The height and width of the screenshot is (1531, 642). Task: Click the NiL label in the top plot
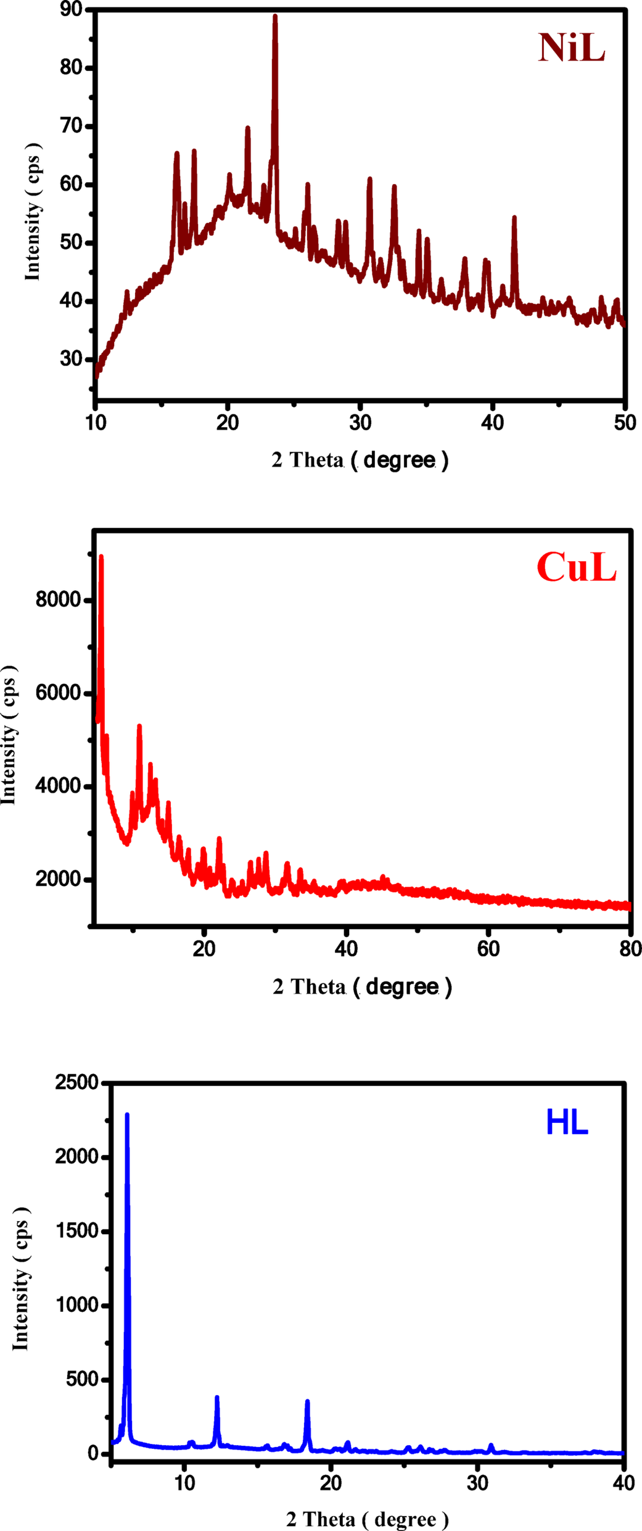click(x=572, y=48)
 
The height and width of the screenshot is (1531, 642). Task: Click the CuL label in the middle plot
click(x=576, y=567)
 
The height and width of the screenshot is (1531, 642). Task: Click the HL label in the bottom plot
click(x=567, y=1123)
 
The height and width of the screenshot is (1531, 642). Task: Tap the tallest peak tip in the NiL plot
click(x=275, y=17)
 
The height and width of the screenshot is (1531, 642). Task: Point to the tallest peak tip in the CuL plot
click(x=101, y=557)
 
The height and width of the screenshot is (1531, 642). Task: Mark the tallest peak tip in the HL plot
click(x=127, y=1115)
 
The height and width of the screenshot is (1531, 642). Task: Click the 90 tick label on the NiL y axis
click(x=72, y=9)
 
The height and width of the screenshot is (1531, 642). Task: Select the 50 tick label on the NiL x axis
click(x=625, y=423)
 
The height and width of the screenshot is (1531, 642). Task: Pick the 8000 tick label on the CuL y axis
click(x=59, y=599)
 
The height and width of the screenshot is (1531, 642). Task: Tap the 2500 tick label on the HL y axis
click(x=76, y=1082)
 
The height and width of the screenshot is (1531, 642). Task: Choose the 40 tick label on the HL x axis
click(x=624, y=1483)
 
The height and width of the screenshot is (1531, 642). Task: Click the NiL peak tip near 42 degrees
click(x=514, y=217)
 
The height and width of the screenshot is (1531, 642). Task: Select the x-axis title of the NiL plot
click(x=360, y=460)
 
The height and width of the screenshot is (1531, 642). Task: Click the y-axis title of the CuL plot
click(x=9, y=735)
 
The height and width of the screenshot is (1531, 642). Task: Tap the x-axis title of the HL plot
click(x=367, y=1519)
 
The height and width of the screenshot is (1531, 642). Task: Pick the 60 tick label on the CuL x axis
click(x=488, y=949)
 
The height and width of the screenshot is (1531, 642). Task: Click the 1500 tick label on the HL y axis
click(x=76, y=1231)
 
